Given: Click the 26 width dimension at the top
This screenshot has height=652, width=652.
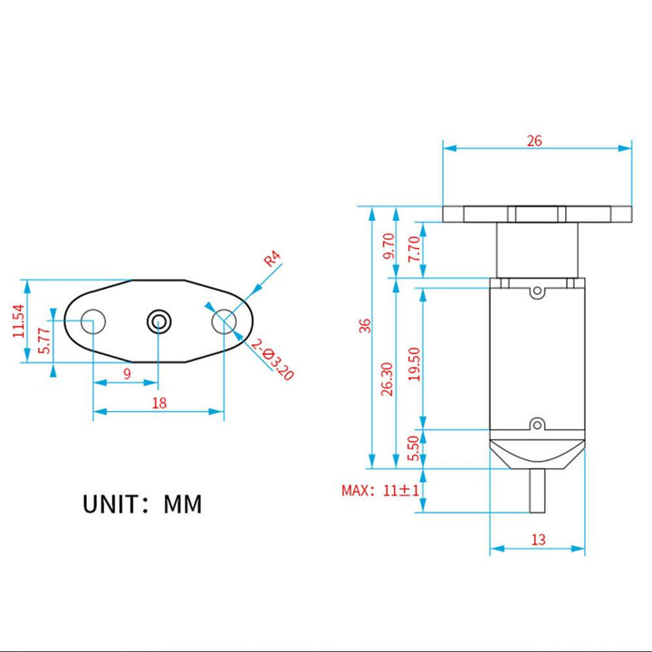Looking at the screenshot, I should (x=534, y=140).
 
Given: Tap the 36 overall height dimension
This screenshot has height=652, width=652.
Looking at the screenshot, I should (x=364, y=326).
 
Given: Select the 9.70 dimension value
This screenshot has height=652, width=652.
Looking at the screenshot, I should (x=388, y=246).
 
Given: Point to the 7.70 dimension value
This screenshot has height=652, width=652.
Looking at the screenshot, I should (x=414, y=249).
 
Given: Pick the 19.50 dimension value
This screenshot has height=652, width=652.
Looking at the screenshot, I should (x=414, y=365).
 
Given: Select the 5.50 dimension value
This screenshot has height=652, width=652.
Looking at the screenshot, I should (x=414, y=449).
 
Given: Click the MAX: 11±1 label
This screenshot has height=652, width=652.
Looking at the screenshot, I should (x=379, y=490).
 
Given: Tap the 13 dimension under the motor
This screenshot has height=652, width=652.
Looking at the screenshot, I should (x=538, y=540).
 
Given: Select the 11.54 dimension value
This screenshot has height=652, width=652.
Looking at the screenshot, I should (x=19, y=321).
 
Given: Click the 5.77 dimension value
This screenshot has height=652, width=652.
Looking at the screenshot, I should (x=44, y=339).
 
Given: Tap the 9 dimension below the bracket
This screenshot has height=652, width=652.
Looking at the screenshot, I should (x=127, y=373).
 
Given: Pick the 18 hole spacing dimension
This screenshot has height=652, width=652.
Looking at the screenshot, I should (x=159, y=403).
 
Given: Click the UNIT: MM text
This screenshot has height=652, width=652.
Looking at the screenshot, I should (x=142, y=503).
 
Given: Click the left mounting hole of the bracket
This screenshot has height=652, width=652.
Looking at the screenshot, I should (x=93, y=321).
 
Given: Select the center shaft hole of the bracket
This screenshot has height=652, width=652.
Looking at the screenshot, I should (x=159, y=321).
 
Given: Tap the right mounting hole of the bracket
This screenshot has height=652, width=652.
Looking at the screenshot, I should (x=224, y=321).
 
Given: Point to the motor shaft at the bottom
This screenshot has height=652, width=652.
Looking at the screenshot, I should (x=538, y=494).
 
